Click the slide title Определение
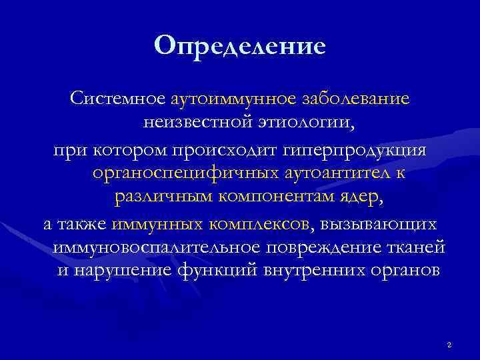(x=239, y=46)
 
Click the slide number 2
(x=449, y=345)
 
